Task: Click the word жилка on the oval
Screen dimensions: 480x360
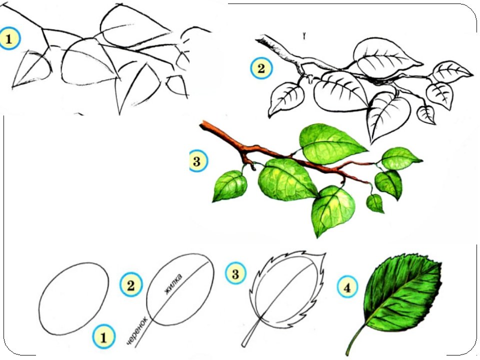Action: (173, 284)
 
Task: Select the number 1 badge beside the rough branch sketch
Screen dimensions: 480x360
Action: (9, 39)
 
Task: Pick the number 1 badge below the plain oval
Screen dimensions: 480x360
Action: (103, 337)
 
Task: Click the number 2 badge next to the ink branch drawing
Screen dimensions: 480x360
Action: (261, 68)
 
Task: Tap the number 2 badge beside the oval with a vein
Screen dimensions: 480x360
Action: (131, 285)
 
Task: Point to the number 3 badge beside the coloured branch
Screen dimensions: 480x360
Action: (197, 160)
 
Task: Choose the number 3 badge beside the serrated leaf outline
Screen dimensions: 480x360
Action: (235, 273)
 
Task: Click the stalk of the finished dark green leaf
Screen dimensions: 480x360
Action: (355, 339)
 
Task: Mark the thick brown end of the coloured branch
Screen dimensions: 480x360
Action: (203, 124)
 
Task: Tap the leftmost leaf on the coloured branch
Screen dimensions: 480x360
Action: (229, 186)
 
